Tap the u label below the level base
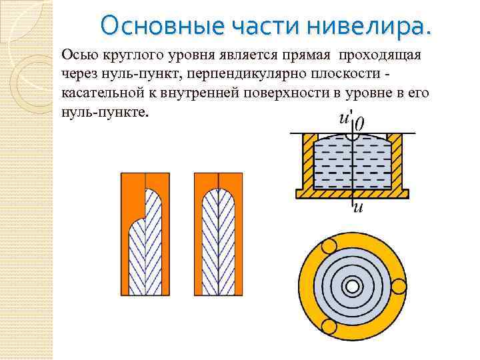[357, 209]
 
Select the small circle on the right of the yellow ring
[399, 287]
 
